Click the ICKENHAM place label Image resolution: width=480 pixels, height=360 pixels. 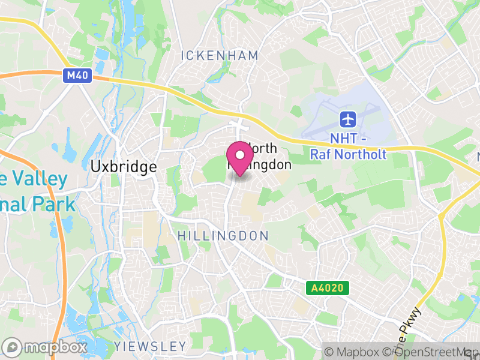pos(220,56)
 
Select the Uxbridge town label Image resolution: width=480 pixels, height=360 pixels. pos(124,167)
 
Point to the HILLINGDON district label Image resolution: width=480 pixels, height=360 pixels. pos(223,236)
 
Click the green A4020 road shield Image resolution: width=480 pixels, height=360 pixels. pos(327,289)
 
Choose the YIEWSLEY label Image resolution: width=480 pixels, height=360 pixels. pos(150,346)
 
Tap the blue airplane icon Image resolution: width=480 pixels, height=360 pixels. pos(347,118)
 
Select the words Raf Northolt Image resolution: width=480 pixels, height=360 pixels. pos(348,154)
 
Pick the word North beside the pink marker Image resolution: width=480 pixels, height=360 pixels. pos(262,148)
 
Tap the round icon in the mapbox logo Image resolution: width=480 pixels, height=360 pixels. pos(12,347)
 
